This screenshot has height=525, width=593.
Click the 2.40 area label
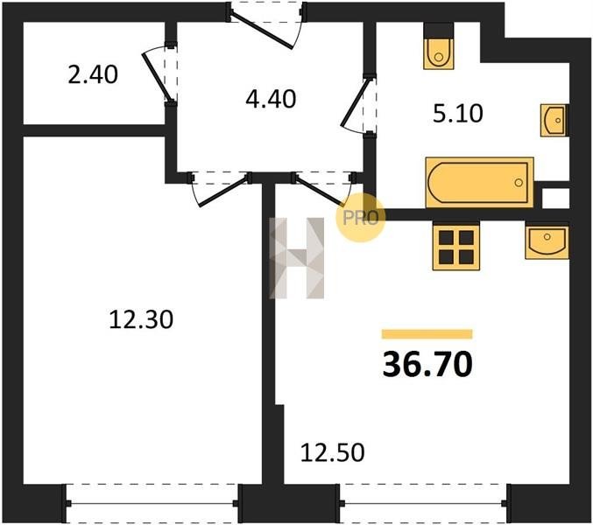pos(93,74)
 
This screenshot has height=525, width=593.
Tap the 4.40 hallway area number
pos(271,100)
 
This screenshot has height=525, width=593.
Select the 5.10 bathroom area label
pos(458,114)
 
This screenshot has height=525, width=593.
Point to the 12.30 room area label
pos(141,319)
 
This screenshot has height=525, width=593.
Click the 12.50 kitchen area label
pos(333,452)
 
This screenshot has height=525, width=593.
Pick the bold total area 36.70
pos(427,364)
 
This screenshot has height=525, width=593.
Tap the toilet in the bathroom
pos(439,46)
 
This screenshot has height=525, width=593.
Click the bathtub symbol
pos(479,182)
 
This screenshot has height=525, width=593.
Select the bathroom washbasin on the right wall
pos(554,120)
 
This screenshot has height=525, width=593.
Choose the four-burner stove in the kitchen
pos(456,247)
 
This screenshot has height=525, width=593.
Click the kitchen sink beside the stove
pos(547,242)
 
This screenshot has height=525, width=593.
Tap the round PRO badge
pos(360,218)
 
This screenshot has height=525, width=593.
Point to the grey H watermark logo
pos(296,258)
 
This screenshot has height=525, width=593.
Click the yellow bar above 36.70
pos(427,334)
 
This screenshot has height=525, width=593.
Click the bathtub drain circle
pos(519,183)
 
